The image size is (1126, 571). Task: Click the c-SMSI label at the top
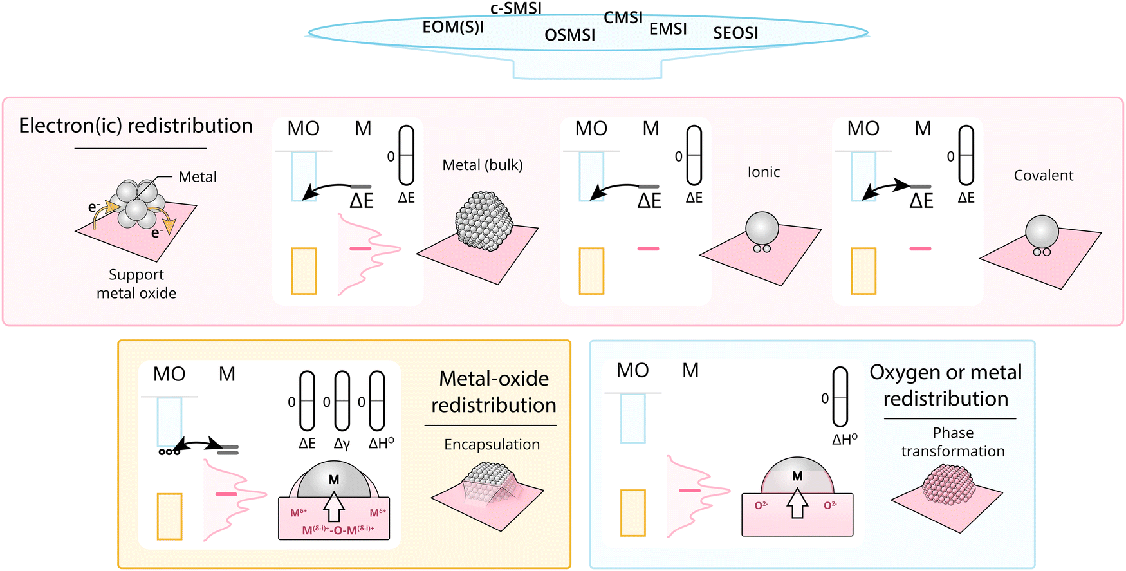pos(515,8)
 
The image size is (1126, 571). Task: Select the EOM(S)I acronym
pos(453,28)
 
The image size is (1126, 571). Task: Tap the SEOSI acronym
pos(735,33)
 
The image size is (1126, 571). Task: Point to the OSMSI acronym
pos(569,35)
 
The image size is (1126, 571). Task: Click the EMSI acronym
pos(668,29)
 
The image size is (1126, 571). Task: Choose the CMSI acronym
pos(623,18)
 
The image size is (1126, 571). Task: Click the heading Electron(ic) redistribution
pos(136,126)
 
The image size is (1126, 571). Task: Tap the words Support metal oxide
pos(136,284)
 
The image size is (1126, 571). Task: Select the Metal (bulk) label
pos(483,165)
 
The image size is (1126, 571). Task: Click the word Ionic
pos(764,172)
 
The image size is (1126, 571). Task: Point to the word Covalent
pos(1044,175)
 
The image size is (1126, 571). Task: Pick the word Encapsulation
pos(492,444)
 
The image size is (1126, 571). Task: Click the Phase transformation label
pos(953,442)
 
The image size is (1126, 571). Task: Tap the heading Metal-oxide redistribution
pos(494,391)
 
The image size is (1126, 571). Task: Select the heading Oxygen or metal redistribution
pos(946,385)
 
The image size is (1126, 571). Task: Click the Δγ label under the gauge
pos(342,444)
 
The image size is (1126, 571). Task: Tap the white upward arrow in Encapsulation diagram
pos(333,507)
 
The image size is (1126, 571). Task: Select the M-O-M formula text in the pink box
pos(338,530)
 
